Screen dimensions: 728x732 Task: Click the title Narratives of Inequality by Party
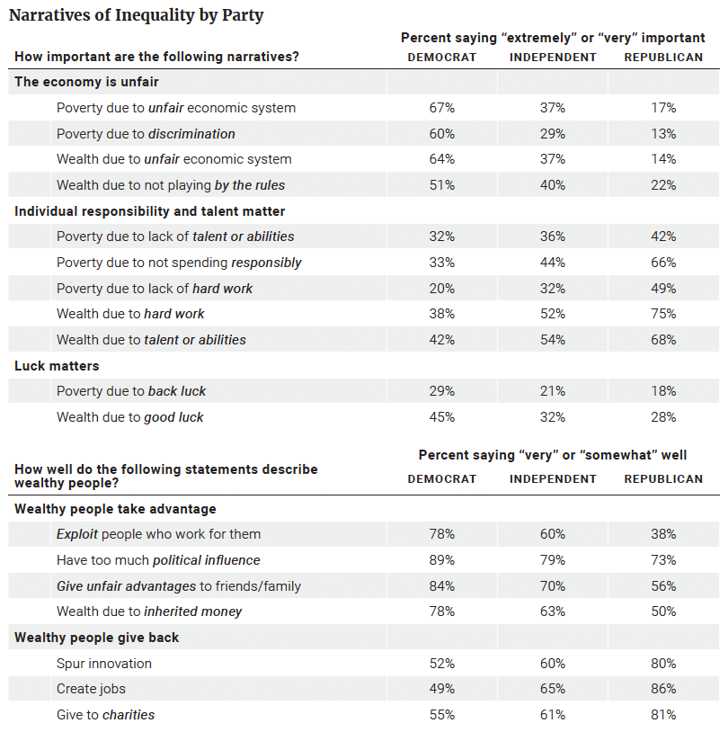(137, 15)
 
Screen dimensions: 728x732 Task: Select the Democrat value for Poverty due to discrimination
(442, 134)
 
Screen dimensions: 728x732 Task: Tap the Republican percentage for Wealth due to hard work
(663, 314)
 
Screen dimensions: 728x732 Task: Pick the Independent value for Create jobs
(553, 689)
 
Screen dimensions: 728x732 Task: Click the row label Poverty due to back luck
(131, 391)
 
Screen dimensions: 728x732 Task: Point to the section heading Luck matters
(57, 366)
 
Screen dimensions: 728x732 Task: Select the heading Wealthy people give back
(96, 638)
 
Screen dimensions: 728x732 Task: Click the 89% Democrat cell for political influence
(442, 560)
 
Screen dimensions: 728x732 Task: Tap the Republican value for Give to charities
(663, 715)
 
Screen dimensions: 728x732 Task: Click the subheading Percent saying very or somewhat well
(553, 455)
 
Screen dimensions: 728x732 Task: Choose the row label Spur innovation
(104, 664)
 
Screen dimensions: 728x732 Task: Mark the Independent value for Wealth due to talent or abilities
(553, 340)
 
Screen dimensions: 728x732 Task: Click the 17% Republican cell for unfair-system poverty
(663, 108)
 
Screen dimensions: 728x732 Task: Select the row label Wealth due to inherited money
(149, 611)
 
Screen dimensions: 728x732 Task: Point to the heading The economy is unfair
(87, 82)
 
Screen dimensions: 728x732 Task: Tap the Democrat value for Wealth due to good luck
(442, 417)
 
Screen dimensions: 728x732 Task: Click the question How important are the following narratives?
(156, 57)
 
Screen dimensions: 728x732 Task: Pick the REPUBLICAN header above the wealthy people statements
(663, 479)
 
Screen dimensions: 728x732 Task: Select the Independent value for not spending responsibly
(553, 263)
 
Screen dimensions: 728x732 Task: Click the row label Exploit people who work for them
(159, 534)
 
